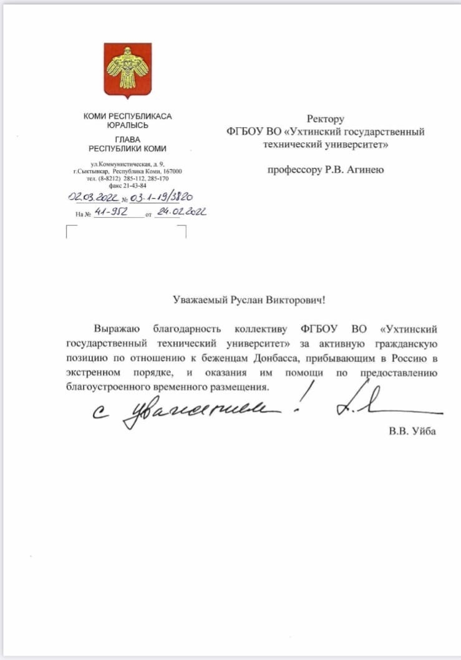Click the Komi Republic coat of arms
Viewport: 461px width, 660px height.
pos(127,70)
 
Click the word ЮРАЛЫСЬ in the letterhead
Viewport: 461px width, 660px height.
pos(127,125)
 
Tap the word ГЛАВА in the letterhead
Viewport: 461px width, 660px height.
pos(127,139)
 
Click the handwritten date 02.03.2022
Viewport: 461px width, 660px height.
pos(92,198)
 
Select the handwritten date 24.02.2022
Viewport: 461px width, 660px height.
pos(182,212)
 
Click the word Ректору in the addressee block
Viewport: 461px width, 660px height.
pos(326,119)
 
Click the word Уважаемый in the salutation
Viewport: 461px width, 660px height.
pos(198,300)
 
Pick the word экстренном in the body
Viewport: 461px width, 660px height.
pos(92,372)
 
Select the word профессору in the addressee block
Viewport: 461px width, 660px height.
pos(293,169)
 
